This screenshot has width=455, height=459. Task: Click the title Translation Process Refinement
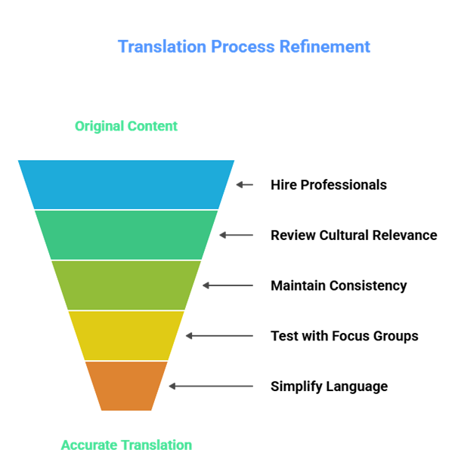pyautogui.click(x=243, y=47)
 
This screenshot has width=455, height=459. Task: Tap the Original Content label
pyautogui.click(x=126, y=126)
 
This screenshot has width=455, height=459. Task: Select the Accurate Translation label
pyautogui.click(x=126, y=445)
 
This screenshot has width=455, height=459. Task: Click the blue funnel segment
pyautogui.click(x=126, y=184)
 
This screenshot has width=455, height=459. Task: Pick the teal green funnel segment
pyautogui.click(x=126, y=235)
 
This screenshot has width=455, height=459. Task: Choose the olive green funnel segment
pyautogui.click(x=126, y=285)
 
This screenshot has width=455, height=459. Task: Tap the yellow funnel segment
pyautogui.click(x=126, y=335)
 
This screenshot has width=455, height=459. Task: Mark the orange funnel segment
pyautogui.click(x=126, y=385)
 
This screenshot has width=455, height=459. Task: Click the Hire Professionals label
pyautogui.click(x=329, y=185)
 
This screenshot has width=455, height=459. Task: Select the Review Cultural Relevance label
pyautogui.click(x=354, y=235)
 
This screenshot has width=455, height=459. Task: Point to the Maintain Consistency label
pyautogui.click(x=339, y=285)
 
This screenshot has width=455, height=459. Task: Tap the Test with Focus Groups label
pyautogui.click(x=345, y=336)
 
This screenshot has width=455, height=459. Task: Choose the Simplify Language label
pyautogui.click(x=330, y=387)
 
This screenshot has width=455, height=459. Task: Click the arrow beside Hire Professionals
pyautogui.click(x=244, y=184)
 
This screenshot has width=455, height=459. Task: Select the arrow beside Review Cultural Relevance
pyautogui.click(x=237, y=235)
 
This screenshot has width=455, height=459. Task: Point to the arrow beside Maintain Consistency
pyautogui.click(x=227, y=285)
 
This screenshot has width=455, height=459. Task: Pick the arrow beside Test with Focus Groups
pyautogui.click(x=219, y=335)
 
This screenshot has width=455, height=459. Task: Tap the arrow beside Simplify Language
pyautogui.click(x=211, y=386)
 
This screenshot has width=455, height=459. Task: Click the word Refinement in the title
pyautogui.click(x=325, y=47)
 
